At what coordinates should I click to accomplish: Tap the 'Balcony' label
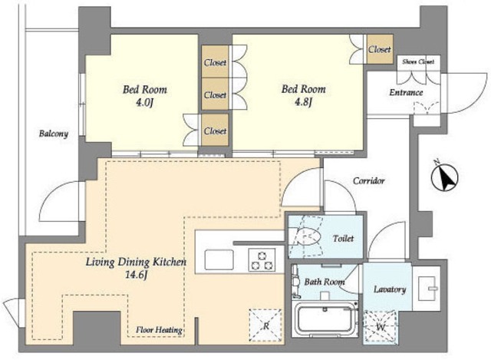(53, 134)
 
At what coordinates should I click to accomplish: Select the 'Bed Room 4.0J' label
(144, 95)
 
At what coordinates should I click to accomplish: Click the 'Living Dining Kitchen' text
(136, 263)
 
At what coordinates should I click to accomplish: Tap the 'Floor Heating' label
(159, 331)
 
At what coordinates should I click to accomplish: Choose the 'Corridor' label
(368, 181)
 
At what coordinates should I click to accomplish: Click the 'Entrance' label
(406, 93)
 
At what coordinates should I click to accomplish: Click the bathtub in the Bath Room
(324, 319)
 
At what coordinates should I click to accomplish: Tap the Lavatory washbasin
(428, 287)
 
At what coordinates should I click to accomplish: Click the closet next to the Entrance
(379, 49)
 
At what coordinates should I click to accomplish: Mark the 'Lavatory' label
(390, 289)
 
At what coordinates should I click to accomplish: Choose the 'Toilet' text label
(343, 239)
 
